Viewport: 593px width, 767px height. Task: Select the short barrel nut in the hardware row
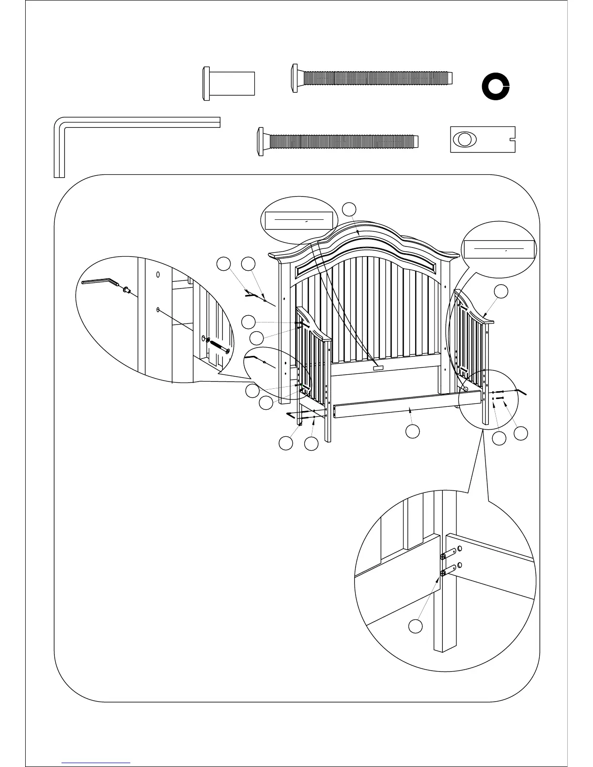coord(228,85)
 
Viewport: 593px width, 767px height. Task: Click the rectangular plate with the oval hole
coord(482,139)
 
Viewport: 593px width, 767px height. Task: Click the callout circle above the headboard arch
coord(349,209)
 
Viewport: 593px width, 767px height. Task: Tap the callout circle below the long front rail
coord(412,431)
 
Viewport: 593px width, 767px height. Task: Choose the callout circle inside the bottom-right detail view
coord(415,626)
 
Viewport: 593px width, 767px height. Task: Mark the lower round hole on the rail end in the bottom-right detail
coord(459,565)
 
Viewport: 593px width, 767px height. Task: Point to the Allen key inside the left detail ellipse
coord(99,282)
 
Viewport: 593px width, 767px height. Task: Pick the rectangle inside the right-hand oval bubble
coord(499,249)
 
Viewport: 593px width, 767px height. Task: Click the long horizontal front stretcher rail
coord(407,404)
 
